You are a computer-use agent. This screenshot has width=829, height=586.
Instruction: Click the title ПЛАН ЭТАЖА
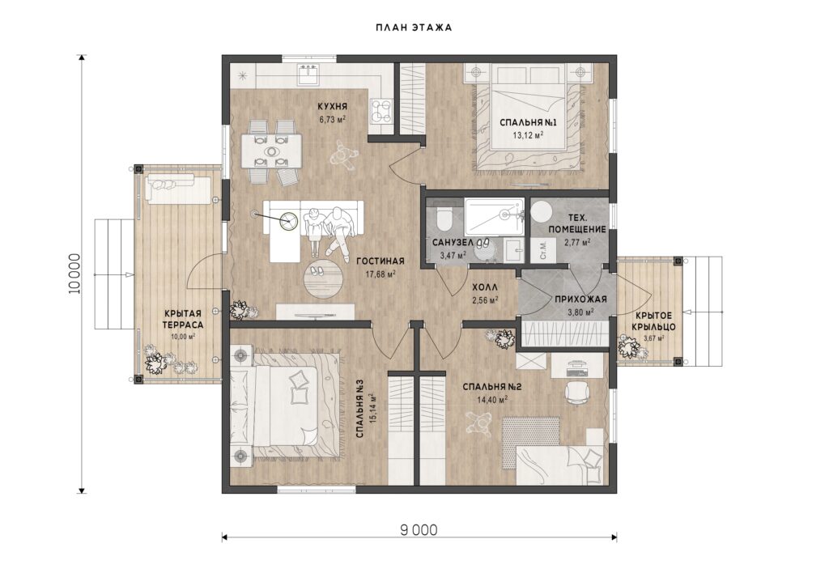tap(414, 28)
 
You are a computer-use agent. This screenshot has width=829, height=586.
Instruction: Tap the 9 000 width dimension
tap(419, 529)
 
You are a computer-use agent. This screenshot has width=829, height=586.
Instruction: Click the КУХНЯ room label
tap(333, 107)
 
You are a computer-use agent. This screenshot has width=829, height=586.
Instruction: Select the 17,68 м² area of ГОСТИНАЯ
tap(380, 274)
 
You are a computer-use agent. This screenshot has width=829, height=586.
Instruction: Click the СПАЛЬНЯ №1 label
tap(529, 122)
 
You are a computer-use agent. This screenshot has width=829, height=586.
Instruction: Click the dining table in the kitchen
tap(270, 151)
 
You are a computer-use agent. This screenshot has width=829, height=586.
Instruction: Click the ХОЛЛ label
tap(485, 288)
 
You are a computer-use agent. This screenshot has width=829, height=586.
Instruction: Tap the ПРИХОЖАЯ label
tap(580, 299)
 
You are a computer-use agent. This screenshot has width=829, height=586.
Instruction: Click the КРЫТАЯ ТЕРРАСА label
tap(182, 319)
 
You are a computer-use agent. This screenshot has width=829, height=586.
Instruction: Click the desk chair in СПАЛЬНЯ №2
tap(576, 392)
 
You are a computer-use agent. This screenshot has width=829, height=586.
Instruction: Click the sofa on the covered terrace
tap(177, 187)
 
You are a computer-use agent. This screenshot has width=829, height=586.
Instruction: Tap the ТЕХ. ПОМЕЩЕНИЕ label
tap(576, 223)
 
